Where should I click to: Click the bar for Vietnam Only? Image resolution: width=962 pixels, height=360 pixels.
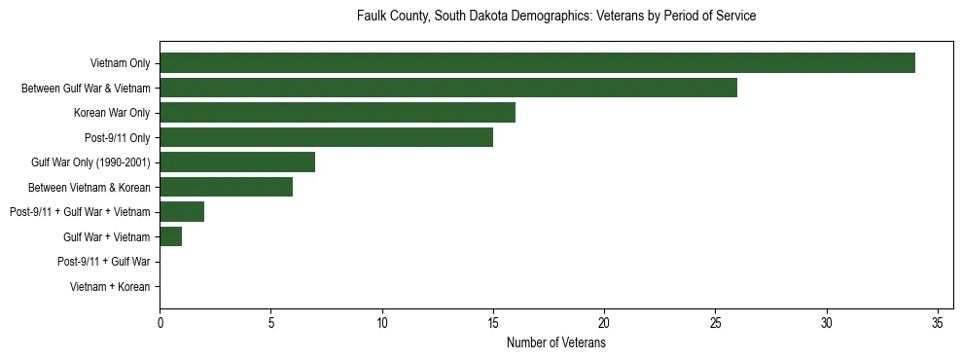537,63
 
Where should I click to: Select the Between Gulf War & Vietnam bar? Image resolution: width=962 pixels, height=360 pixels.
448,89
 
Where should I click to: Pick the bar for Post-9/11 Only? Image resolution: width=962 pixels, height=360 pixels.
326,137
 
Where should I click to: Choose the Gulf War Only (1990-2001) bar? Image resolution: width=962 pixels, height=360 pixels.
237,162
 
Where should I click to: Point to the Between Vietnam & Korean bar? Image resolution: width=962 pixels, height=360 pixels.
226,187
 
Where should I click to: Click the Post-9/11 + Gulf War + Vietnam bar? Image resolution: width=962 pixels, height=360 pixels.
182,211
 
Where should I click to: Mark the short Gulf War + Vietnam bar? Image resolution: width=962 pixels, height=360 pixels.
171,236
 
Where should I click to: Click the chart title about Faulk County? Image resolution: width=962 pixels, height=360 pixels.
556,17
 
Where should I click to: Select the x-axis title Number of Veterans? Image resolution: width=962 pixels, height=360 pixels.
556,343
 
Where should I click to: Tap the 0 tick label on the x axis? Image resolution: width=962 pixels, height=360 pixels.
160,323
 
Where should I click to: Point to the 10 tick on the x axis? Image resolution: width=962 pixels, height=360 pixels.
382,323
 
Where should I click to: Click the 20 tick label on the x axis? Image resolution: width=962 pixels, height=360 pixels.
604,323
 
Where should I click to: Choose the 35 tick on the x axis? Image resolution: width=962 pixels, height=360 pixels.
938,323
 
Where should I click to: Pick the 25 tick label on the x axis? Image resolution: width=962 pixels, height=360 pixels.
715,323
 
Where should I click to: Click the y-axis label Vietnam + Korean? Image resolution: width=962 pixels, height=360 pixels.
110,286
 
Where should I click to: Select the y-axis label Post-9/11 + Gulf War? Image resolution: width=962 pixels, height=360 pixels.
104,261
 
